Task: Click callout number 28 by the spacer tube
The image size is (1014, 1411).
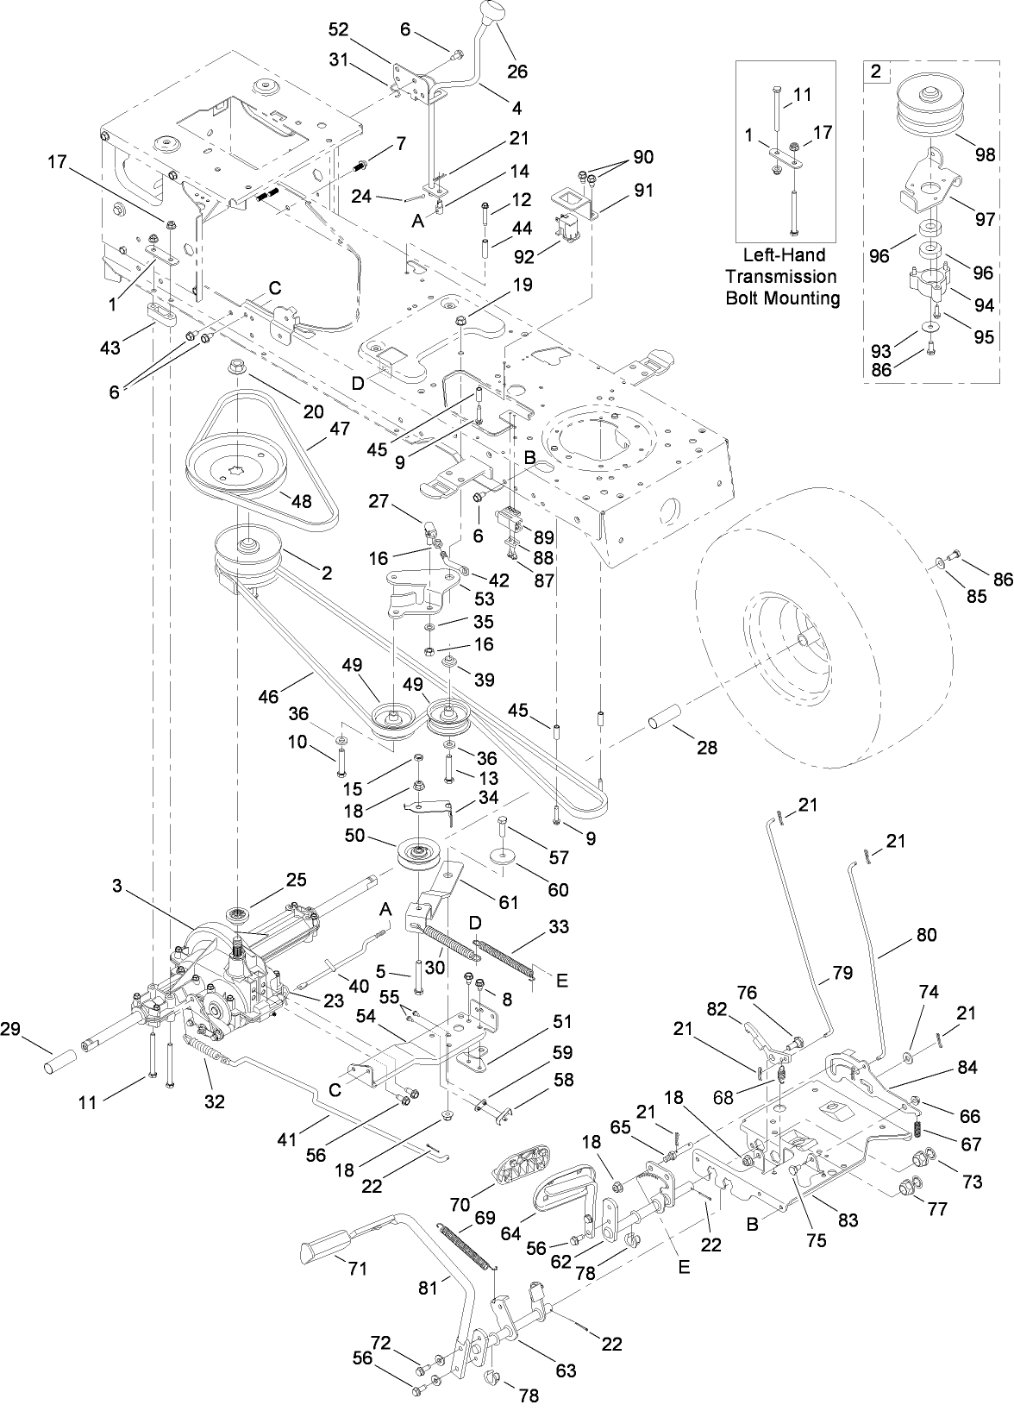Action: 706,749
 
